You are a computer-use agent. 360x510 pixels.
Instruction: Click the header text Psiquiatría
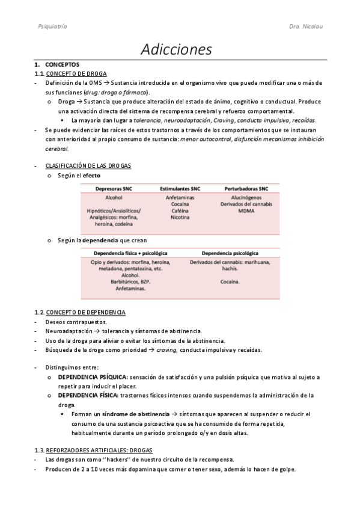point(52,27)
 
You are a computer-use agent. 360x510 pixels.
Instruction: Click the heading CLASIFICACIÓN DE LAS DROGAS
point(89,165)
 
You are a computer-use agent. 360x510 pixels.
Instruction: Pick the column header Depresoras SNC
point(114,188)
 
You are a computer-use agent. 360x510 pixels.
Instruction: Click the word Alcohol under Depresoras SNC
point(113,197)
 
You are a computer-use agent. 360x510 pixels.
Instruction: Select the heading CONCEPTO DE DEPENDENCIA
point(85,312)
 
